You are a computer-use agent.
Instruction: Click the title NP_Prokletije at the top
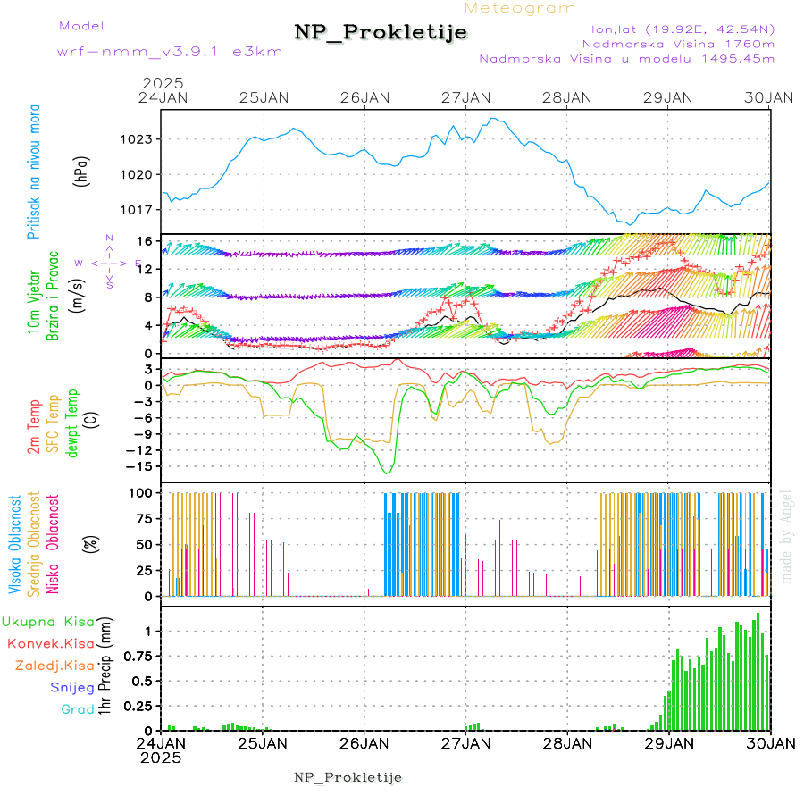pos(381,32)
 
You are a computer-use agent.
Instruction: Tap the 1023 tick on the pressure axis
pos(138,139)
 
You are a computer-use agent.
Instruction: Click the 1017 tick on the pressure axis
pos(138,210)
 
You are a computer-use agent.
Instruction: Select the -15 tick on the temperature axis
pos(138,465)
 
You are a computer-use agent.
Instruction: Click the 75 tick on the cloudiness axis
pos(141,518)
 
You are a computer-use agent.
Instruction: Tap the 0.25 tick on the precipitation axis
pos(136,706)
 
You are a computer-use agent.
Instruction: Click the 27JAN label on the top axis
pos(466,97)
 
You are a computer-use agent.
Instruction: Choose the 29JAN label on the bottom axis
pos(669,742)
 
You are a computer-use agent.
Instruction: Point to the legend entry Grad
pos(77,709)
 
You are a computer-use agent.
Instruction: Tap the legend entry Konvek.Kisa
pos(50,643)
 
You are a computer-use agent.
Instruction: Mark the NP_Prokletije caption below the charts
pos(348,777)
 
